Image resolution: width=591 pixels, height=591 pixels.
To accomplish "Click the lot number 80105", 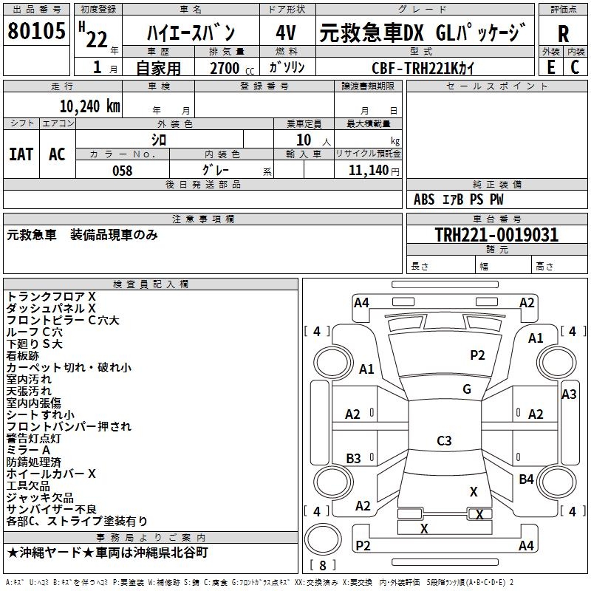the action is [x=36, y=32].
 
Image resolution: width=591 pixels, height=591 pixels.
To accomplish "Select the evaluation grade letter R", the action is [x=563, y=34].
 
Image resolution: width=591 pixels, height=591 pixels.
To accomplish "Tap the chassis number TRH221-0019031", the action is [x=496, y=235].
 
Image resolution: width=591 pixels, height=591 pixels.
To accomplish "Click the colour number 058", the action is [x=122, y=171].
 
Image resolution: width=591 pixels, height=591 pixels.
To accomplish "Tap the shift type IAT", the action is [x=21, y=154].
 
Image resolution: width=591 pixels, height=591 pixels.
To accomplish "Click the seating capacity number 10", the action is [x=303, y=140].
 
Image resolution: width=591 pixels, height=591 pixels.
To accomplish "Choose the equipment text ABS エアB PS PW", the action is [x=459, y=199].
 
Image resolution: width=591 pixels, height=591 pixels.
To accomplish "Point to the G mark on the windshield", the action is [x=466, y=389].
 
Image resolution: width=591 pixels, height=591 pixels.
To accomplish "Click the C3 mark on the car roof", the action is [x=444, y=441].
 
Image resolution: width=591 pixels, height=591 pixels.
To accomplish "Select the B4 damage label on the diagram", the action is [x=526, y=479].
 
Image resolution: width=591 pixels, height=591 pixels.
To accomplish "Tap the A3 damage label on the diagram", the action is [x=569, y=394].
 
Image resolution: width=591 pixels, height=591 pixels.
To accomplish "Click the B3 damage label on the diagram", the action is [x=354, y=458].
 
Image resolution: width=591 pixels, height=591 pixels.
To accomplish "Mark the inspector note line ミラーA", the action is [x=29, y=450].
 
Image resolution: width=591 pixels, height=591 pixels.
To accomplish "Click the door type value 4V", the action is [x=286, y=33].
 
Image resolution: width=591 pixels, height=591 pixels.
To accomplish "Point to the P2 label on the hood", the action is [x=477, y=355].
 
